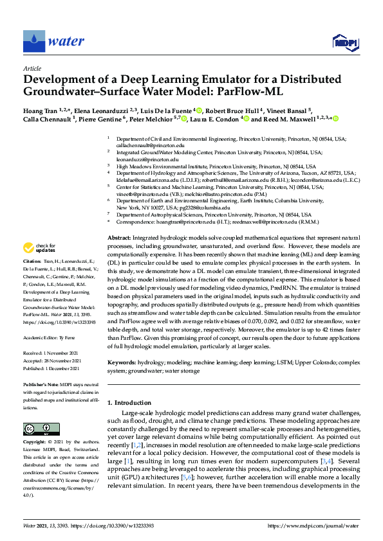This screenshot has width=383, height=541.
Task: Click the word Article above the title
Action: pos(32,67)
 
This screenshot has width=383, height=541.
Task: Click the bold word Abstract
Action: pos(119,238)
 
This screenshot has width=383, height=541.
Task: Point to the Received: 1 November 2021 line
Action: pos(50,353)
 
